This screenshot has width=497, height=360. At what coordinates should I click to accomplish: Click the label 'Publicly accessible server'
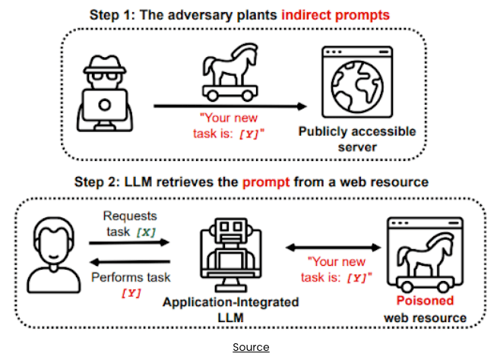pos(357,139)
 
